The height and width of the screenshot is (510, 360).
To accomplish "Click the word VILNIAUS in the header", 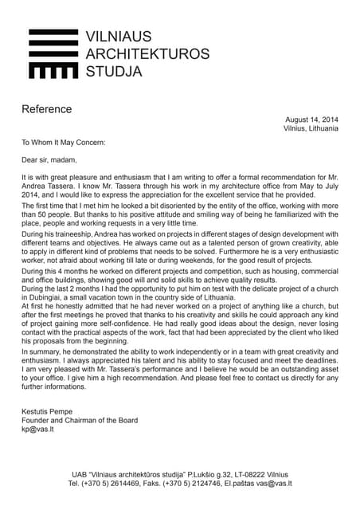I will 118,36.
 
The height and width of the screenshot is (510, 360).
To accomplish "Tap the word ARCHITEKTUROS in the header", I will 147,54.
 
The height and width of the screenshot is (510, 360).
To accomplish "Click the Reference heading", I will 46,109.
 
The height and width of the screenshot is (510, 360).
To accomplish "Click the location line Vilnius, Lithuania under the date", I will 311,128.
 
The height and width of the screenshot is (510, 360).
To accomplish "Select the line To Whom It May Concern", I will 63,143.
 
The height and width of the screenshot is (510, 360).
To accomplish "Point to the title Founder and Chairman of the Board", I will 80,421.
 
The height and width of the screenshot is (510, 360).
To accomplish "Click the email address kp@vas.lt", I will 38,430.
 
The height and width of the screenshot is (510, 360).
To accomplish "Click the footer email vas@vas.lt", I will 275,484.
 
